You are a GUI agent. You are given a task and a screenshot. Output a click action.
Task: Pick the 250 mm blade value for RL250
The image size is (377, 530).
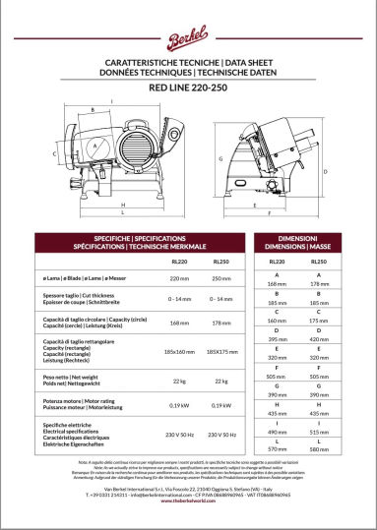[x=221, y=279]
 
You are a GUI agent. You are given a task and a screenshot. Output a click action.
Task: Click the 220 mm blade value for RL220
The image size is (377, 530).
[x=179, y=279]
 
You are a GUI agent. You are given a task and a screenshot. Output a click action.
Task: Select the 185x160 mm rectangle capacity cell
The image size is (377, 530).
[x=179, y=351]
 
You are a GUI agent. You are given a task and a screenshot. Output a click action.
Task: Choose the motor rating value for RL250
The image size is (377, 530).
[x=221, y=404]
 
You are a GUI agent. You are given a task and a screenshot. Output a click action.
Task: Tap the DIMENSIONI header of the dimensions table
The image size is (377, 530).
[x=297, y=239]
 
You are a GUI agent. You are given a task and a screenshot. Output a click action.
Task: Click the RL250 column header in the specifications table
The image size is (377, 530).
[x=221, y=262]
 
